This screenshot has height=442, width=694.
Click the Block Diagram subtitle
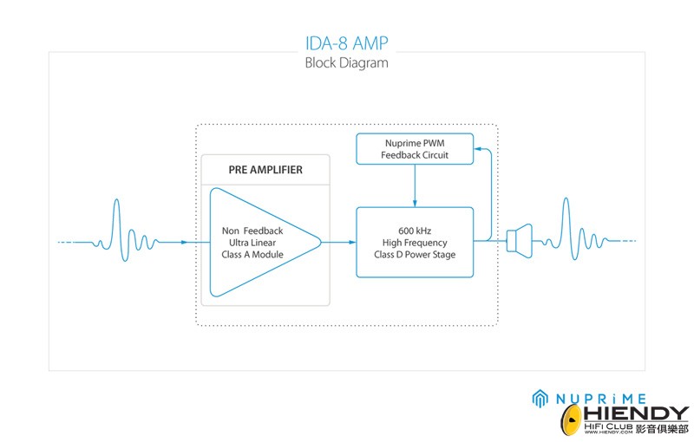346,63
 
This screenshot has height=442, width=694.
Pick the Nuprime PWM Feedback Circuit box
415,148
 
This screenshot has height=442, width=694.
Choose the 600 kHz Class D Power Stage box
415,242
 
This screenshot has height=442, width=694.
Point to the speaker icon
519,240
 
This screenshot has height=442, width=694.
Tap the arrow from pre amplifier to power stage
339,242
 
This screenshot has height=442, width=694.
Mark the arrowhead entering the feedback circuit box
478,148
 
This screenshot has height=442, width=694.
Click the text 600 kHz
416,230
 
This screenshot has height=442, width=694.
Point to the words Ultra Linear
263,243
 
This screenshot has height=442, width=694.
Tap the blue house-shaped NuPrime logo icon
540,398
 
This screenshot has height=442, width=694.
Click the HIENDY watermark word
638,414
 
